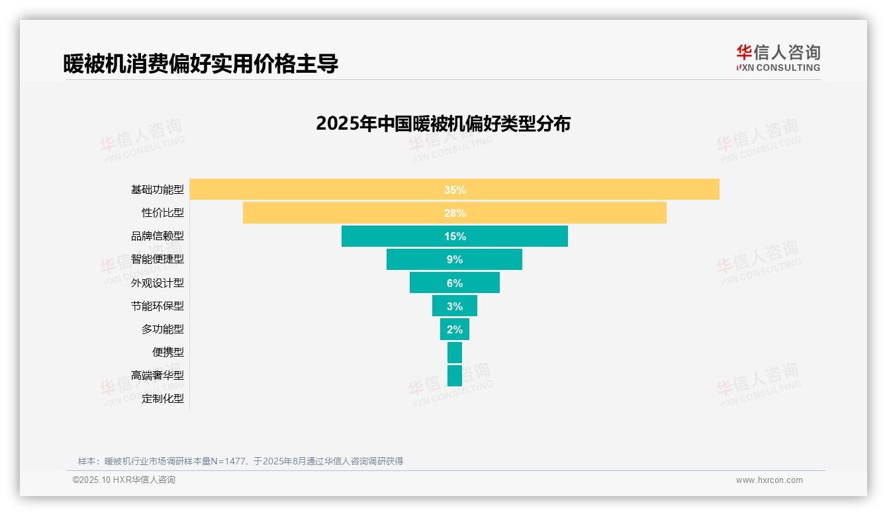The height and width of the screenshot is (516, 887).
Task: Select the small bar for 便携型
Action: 455,352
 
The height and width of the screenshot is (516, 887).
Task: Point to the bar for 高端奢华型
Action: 455,375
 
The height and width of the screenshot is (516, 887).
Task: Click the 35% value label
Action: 455,190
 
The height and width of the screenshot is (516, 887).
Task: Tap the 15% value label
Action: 455,236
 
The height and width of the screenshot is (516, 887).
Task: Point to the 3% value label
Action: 455,306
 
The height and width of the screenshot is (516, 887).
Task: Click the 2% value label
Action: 455,329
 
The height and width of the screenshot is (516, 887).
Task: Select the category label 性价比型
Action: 163,213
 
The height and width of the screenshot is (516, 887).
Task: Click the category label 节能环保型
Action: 158,306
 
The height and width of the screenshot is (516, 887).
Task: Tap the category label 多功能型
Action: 163,329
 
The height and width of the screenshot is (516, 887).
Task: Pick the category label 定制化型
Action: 163,398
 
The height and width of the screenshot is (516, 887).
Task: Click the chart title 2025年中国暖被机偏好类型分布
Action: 443,124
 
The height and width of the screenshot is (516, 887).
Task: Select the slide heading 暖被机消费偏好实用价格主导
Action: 201,64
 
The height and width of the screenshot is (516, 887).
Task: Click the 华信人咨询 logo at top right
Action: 778,58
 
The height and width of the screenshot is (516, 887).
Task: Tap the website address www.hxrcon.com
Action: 769,480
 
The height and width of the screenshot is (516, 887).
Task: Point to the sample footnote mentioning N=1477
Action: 240,461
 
